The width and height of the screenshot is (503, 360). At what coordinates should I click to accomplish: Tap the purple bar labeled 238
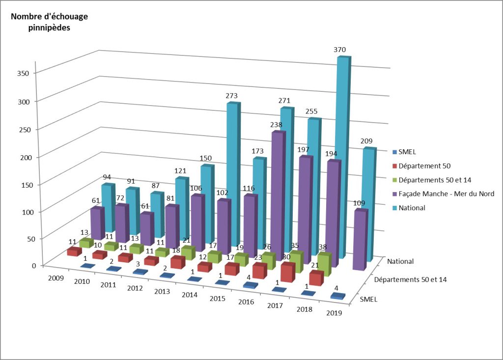click(278, 192)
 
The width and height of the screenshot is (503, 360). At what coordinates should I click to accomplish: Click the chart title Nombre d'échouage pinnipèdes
click(49, 22)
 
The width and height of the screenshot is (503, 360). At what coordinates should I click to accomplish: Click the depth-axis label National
click(400, 261)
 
